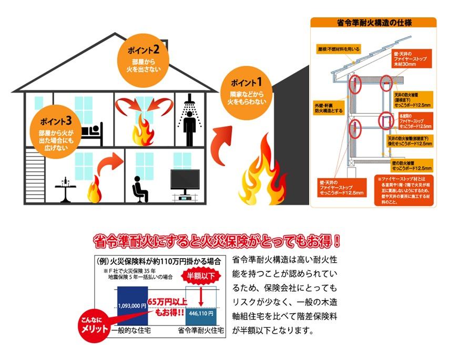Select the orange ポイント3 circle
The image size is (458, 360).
pyautogui.click(x=55, y=129)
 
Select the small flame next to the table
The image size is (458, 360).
pyautogui.click(x=94, y=191)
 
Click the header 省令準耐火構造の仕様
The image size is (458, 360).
pyautogui.click(x=373, y=23)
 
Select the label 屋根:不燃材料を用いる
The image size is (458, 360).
pyautogui.click(x=339, y=49)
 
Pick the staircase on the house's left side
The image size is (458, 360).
pyautogui.click(x=34, y=173)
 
